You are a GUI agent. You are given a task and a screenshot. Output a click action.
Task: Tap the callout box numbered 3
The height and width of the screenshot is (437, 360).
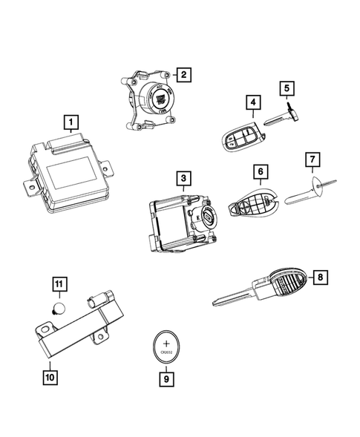point(183,178)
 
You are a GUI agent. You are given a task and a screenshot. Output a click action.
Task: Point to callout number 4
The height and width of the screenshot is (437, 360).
point(254,103)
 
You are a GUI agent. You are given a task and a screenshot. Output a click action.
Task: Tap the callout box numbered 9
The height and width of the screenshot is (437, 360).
point(166,379)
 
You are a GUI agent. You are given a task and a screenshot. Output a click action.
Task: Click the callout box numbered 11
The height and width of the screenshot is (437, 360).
point(58,283)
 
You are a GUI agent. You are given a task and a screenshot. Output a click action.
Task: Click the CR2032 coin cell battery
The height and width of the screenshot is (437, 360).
point(166,347)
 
